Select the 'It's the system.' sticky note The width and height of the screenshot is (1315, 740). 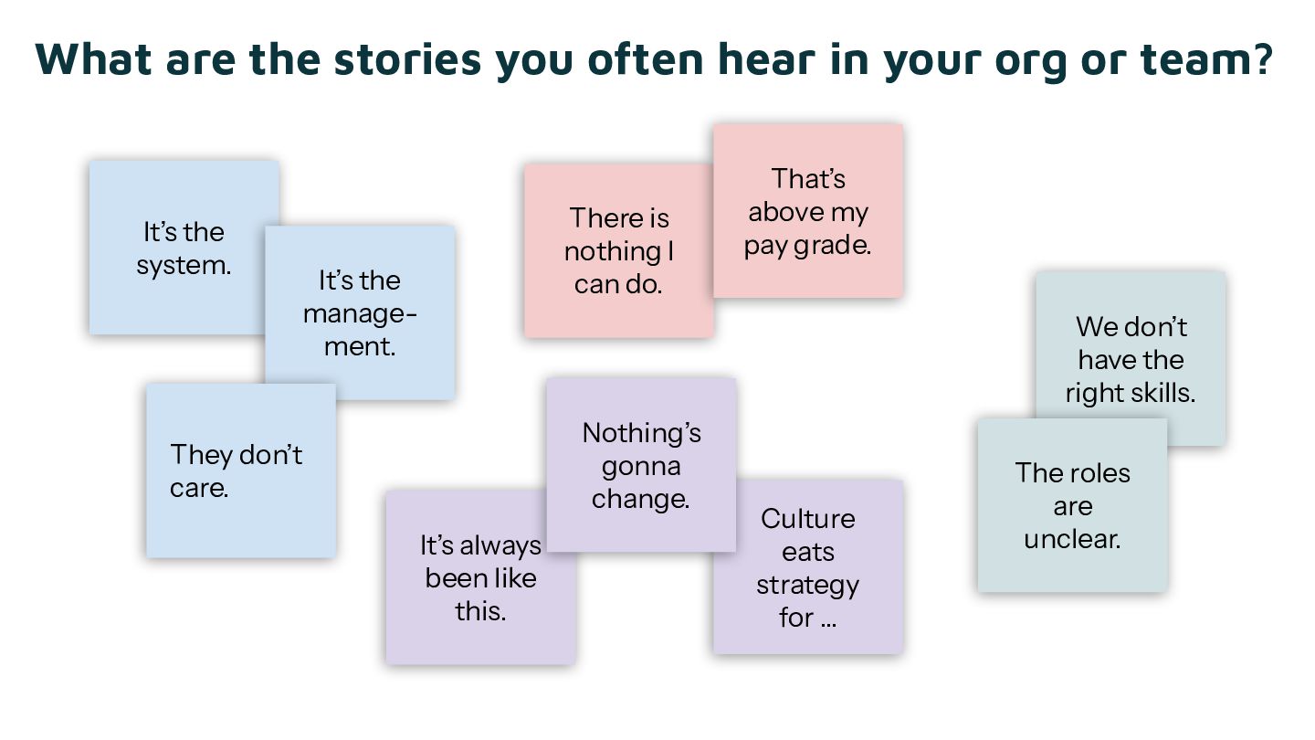pos(183,248)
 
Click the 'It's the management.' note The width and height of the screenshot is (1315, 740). pos(360,313)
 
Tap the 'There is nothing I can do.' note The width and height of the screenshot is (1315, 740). pos(618,251)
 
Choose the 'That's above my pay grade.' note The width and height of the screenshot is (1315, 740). pos(807,211)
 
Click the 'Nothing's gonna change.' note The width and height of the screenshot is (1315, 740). pos(641,465)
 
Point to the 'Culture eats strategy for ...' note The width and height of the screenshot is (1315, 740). pos(807,567)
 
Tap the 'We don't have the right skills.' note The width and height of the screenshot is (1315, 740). pos(1131,359)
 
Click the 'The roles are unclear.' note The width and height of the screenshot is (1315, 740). pos(1072,505)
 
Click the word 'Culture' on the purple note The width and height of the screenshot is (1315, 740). pos(808,519)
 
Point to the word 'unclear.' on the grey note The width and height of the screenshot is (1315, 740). pos(1072,539)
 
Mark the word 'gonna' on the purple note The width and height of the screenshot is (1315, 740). pos(641,467)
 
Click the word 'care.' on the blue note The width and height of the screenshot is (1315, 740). pos(199,488)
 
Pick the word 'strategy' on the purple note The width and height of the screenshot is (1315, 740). pos(807,585)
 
